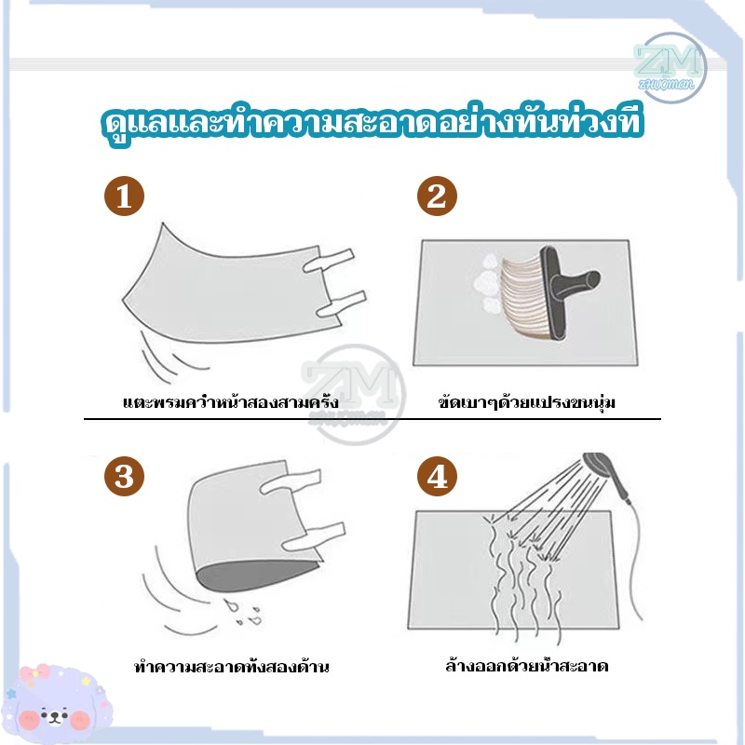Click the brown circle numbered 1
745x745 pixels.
click(124, 196)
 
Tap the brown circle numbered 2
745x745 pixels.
click(437, 196)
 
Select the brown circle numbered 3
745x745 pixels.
click(124, 476)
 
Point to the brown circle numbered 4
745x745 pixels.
click(437, 476)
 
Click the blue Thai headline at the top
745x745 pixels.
click(372, 123)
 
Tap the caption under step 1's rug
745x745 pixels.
click(231, 402)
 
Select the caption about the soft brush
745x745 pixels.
click(526, 402)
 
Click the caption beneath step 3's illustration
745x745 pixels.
click(231, 666)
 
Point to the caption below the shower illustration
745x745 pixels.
click(527, 665)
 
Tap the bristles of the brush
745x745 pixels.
click(522, 298)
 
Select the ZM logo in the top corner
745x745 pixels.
click(669, 67)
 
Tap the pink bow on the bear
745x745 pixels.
click(34, 672)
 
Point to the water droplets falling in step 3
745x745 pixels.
click(243, 613)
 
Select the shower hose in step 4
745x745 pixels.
click(634, 561)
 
